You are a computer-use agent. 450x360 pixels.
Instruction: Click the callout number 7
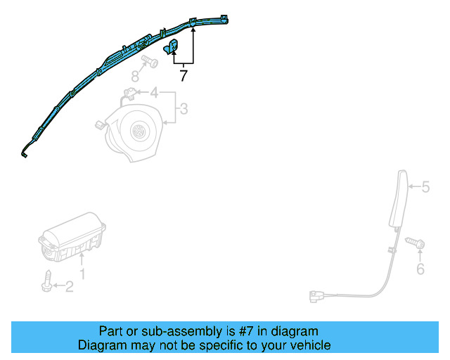[184, 76]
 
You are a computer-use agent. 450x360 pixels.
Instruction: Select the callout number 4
[153, 92]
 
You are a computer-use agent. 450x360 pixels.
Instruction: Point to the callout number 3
[183, 108]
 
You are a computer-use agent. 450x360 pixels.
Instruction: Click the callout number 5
[425, 187]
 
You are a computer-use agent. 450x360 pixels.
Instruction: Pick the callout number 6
[420, 269]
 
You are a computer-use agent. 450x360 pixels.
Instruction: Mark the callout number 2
[69, 285]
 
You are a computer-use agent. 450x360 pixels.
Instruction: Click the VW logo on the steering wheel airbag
[138, 131]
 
